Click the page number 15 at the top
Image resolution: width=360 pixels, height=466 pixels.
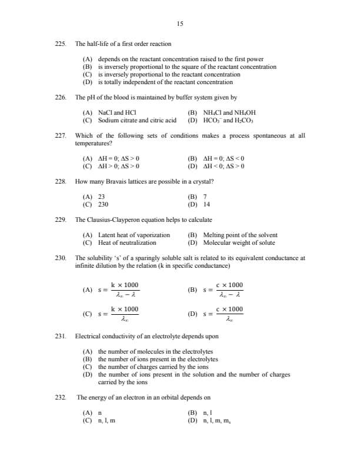tap(179, 24)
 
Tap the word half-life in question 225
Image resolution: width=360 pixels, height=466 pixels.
tap(101, 44)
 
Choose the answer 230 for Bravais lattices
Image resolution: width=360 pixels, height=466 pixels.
tap(103, 204)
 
